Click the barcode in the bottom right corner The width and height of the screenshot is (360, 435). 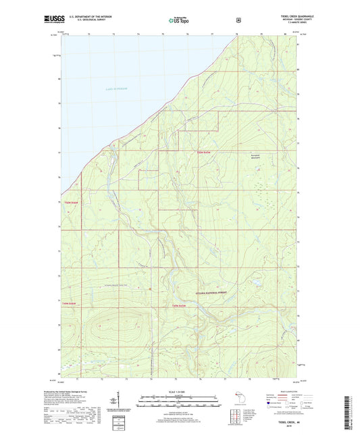350,412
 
